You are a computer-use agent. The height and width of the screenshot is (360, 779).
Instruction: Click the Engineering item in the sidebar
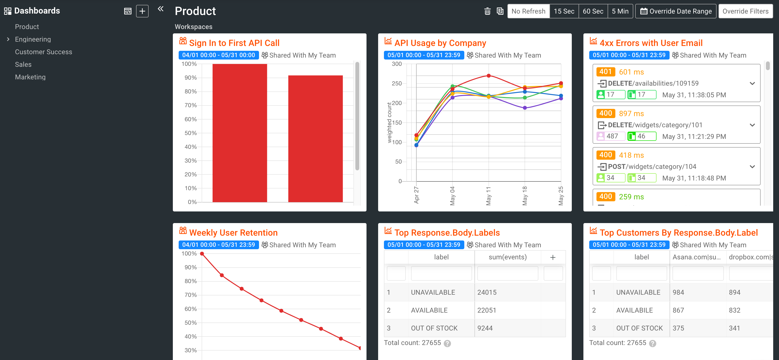click(x=33, y=39)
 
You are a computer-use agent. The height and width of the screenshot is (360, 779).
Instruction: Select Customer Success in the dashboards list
click(x=43, y=52)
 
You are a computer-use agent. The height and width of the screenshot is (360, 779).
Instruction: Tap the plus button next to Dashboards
click(x=142, y=11)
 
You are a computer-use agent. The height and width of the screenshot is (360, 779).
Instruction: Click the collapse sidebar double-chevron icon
click(x=160, y=9)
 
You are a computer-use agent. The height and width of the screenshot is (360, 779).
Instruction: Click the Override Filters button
click(x=745, y=11)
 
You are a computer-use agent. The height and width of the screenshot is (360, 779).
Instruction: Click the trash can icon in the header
click(x=487, y=11)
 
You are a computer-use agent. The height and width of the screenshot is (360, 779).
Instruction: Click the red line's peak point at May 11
click(x=488, y=75)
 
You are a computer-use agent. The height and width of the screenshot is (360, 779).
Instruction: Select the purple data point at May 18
click(x=525, y=108)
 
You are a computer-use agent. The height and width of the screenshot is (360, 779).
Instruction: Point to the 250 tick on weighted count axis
click(x=397, y=83)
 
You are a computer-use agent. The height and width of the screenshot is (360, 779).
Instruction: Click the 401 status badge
click(x=605, y=72)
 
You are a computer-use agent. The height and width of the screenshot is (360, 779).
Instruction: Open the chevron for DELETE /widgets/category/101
click(x=752, y=125)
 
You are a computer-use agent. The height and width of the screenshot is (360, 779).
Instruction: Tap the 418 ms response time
click(x=631, y=155)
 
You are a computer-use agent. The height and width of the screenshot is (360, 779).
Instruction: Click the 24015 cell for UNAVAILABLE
click(x=487, y=292)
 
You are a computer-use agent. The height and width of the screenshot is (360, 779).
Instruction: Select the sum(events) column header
click(x=507, y=257)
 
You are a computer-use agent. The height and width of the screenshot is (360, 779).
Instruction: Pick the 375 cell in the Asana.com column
click(x=678, y=328)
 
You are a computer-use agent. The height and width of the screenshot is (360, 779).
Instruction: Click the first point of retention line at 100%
click(x=202, y=254)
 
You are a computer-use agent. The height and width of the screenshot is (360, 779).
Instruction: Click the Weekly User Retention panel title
click(x=233, y=233)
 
